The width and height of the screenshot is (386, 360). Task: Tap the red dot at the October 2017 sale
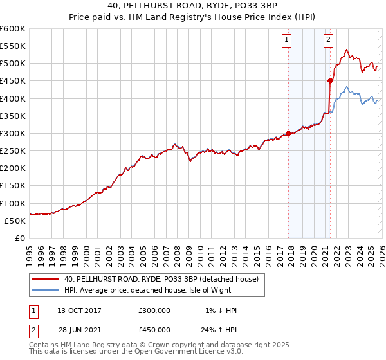(x=288, y=134)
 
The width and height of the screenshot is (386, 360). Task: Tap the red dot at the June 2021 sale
(x=330, y=81)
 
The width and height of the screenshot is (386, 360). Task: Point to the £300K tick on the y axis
(x=13, y=134)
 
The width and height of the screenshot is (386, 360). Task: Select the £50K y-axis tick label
(x=15, y=221)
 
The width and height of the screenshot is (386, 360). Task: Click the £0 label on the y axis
(x=20, y=238)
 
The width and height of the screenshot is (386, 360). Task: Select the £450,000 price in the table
(x=154, y=329)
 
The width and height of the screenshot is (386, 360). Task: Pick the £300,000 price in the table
(x=154, y=310)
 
